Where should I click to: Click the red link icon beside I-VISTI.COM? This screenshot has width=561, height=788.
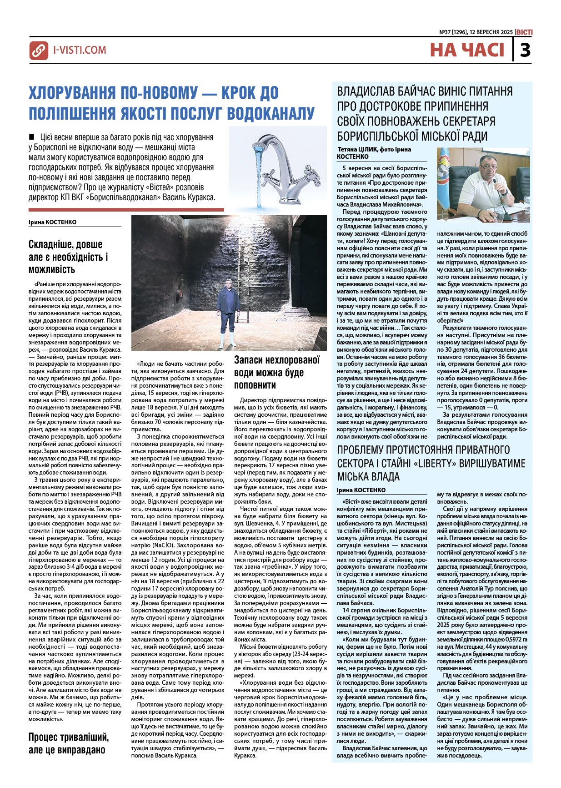[x=39, y=51]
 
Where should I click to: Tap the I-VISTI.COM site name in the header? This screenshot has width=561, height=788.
[x=80, y=50]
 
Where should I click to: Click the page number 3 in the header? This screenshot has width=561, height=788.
[x=525, y=50]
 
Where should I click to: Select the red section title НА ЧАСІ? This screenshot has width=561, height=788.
[x=467, y=50]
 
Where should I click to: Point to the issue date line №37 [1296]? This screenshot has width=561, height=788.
[x=476, y=32]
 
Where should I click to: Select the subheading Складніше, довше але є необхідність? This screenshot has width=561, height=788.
[x=68, y=257]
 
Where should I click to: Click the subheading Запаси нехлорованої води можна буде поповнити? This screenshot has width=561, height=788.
[x=277, y=373]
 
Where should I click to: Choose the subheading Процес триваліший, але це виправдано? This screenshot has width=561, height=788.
[x=69, y=743]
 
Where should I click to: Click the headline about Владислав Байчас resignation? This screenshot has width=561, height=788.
[x=425, y=114]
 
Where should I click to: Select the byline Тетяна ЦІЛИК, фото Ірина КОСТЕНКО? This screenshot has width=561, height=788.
[x=374, y=153]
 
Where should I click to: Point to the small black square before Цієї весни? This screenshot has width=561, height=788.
[x=31, y=136]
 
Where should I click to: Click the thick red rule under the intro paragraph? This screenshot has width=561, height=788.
[x=126, y=210]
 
